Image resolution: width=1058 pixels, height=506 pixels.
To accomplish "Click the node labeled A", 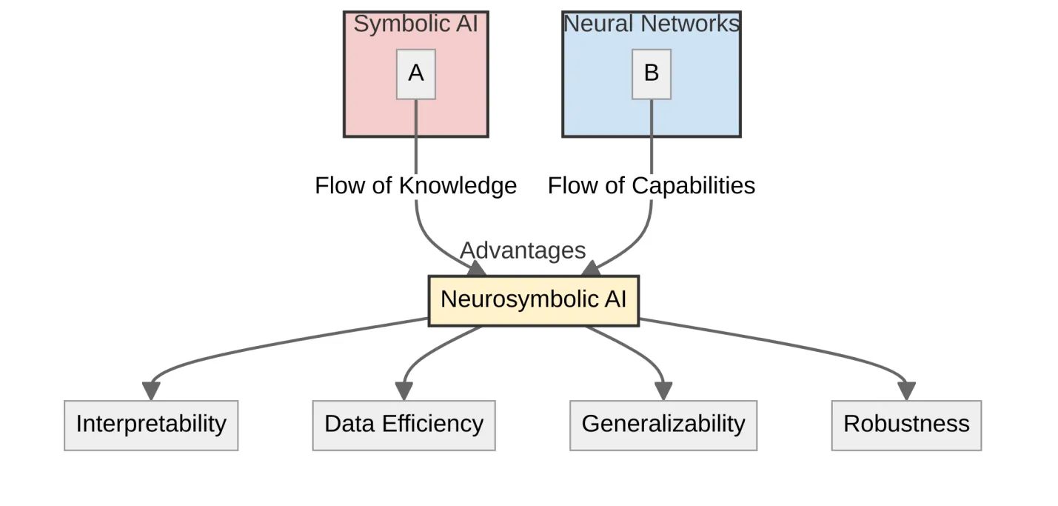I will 415,74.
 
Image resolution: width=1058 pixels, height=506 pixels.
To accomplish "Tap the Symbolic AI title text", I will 415,24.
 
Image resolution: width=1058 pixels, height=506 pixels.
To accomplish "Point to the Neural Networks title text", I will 652,24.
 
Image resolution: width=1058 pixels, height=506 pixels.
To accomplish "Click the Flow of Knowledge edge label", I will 415,185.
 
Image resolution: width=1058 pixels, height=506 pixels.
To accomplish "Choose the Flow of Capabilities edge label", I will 652,185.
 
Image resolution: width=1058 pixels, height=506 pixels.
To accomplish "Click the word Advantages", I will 523,250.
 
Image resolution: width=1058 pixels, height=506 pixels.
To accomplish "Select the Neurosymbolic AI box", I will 533,300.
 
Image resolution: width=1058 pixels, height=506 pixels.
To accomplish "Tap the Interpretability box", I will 151,425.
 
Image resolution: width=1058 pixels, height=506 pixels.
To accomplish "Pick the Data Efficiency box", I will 404,425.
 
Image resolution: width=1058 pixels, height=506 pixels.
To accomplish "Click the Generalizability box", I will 663,425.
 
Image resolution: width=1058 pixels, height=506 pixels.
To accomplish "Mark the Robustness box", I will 906,425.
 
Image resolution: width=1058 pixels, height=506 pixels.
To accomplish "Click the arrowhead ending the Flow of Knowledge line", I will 476,269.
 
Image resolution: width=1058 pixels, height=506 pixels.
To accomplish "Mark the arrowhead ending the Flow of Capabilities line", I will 591,269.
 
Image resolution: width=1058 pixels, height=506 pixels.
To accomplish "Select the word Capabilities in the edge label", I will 692,185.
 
